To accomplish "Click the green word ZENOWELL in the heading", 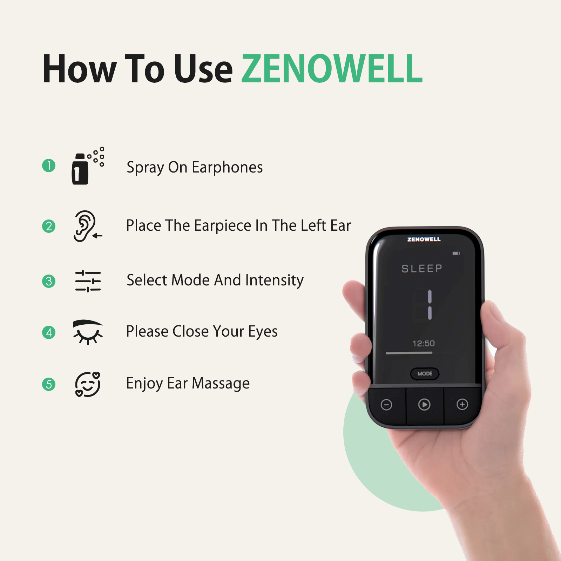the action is tap(332, 69).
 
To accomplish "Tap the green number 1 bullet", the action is tap(49, 165).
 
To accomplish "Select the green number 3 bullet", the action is tap(49, 281).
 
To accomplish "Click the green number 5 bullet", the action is tap(49, 384).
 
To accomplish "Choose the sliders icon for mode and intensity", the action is tap(88, 281).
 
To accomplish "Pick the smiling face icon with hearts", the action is tap(88, 384).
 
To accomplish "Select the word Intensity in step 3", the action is tap(275, 280).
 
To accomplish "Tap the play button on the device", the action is tap(424, 405).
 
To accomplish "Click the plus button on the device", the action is tap(462, 404).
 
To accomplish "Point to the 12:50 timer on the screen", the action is tap(424, 343).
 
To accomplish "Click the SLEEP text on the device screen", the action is tap(422, 269).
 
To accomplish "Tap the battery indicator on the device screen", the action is tap(456, 253).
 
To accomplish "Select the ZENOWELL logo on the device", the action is tap(424, 239).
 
